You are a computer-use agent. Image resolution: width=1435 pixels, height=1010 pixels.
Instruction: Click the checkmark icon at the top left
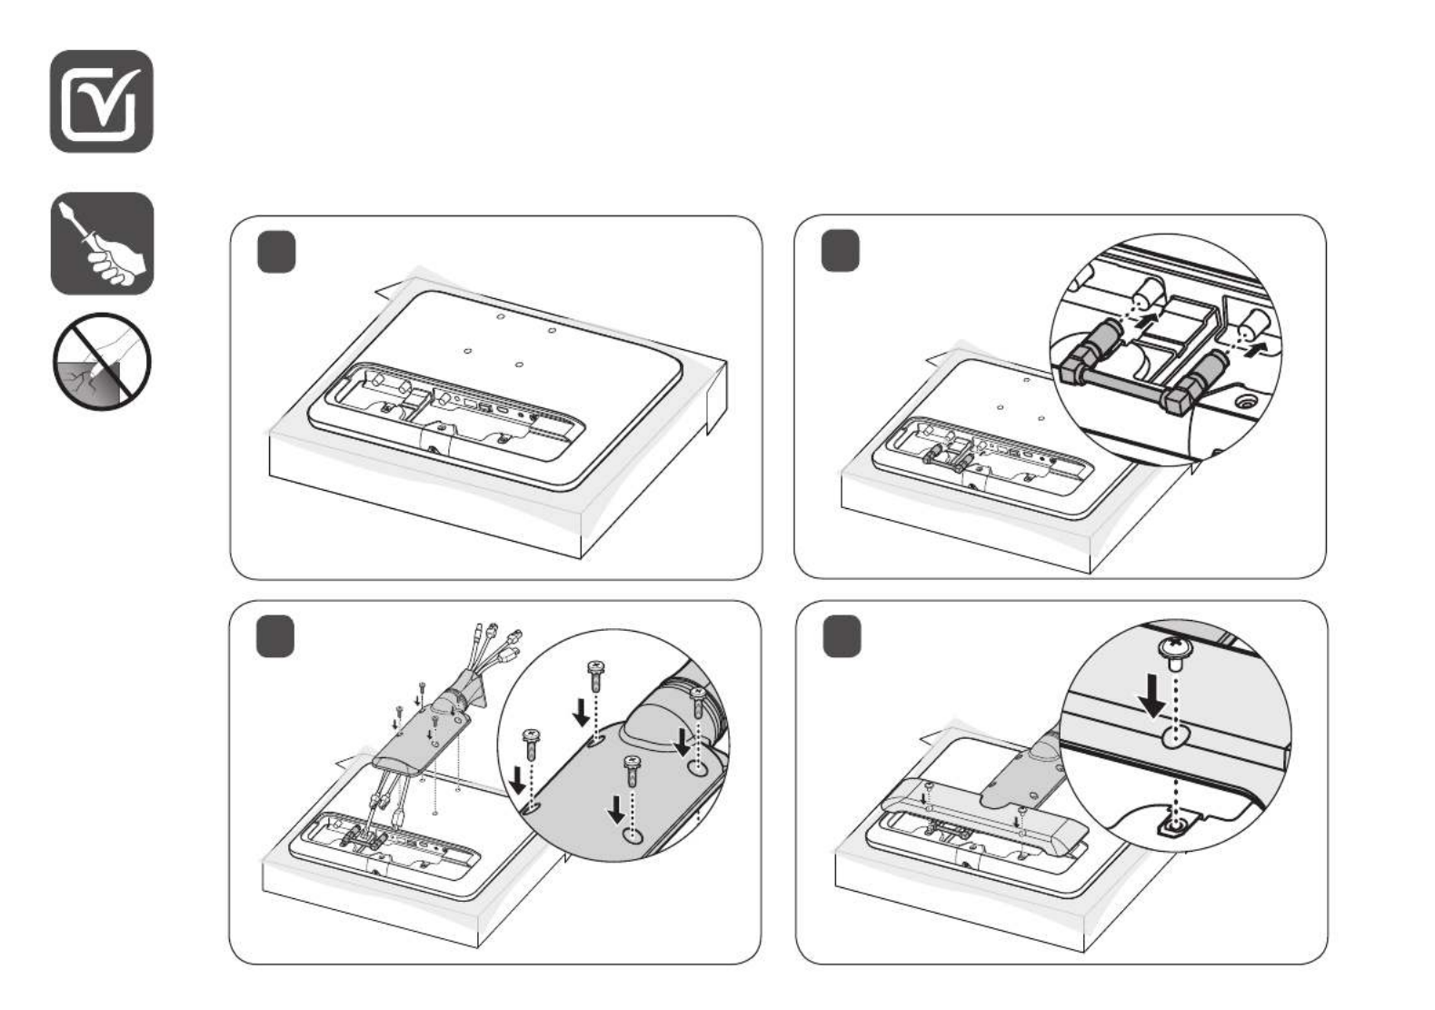pyautogui.click(x=101, y=101)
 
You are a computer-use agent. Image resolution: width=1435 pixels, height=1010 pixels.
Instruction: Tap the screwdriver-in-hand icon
pyautogui.click(x=102, y=244)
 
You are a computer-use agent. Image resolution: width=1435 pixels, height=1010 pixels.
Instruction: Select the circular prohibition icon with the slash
pyautogui.click(x=101, y=361)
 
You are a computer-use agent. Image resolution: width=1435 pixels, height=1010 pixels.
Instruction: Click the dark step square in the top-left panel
pyautogui.click(x=276, y=252)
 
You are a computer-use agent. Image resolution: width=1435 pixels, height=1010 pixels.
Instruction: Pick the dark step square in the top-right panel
pyautogui.click(x=840, y=252)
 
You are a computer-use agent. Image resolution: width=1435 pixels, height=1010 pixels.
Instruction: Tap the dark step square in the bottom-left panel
pyautogui.click(x=275, y=636)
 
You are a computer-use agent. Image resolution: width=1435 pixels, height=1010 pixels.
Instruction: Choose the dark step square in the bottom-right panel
pyautogui.click(x=842, y=636)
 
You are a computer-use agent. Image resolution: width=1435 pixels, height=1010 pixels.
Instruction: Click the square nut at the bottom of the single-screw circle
pyautogui.click(x=1174, y=825)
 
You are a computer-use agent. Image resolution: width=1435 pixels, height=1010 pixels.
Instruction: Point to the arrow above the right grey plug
pyautogui.click(x=1257, y=347)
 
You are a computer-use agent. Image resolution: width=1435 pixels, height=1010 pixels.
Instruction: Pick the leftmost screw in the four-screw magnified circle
pyautogui.click(x=530, y=738)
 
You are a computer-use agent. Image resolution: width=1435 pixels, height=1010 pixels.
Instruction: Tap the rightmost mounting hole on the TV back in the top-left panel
pyautogui.click(x=552, y=330)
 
